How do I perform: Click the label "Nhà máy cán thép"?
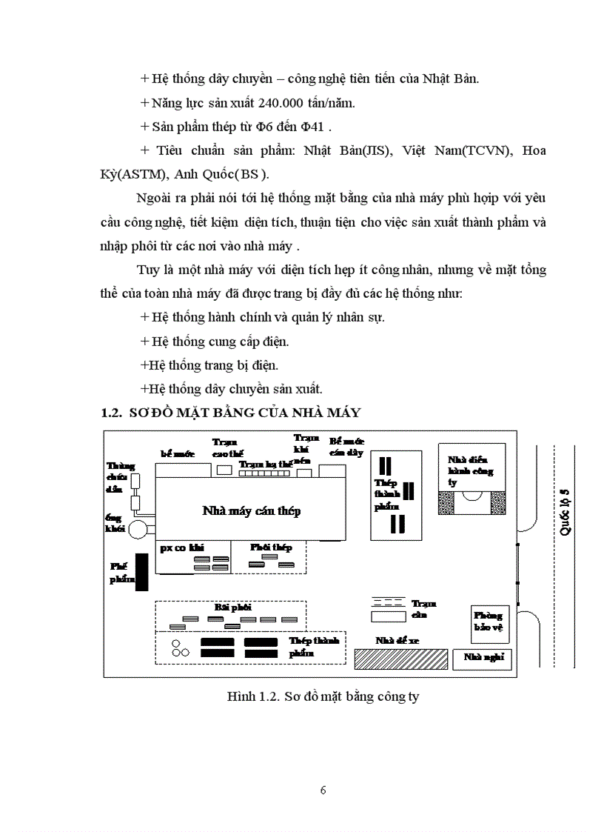[x=251, y=511]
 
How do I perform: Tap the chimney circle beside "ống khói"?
[x=138, y=529]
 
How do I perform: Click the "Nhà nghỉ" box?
[x=481, y=657]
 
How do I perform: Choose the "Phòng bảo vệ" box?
[x=488, y=621]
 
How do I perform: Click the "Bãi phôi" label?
[x=229, y=606]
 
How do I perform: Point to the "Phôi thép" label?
[x=271, y=547]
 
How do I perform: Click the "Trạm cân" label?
[x=420, y=609]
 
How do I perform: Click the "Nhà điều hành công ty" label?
[x=471, y=471]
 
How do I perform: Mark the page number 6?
[x=323, y=790]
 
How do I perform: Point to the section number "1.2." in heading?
[x=111, y=412]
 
